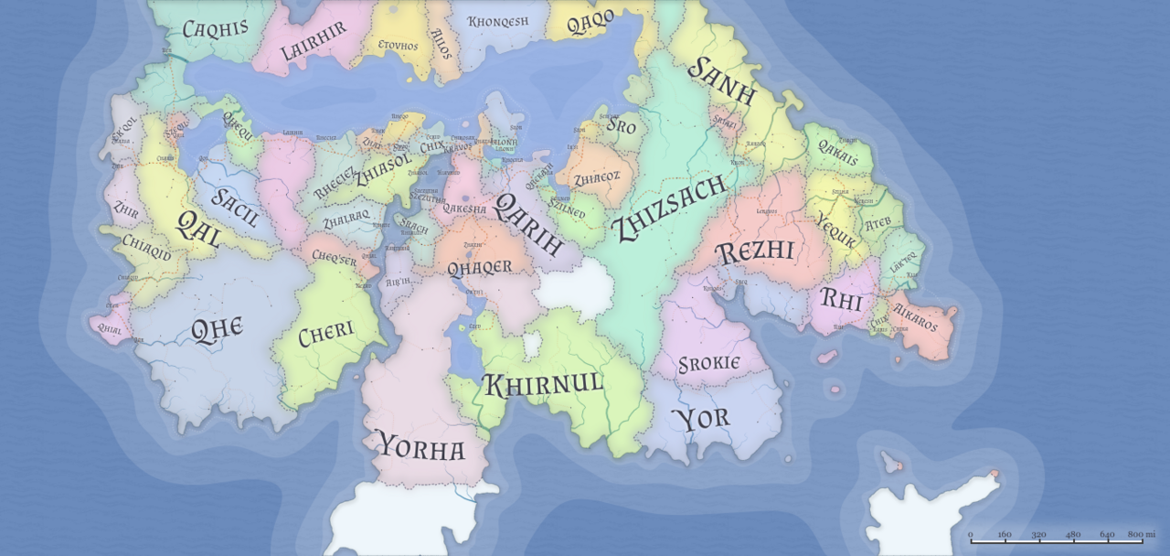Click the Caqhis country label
pyautogui.click(x=216, y=28)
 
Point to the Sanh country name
pyautogui.click(x=722, y=81)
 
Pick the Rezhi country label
pyautogui.click(x=755, y=251)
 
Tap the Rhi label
pyautogui.click(x=841, y=298)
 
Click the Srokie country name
pyautogui.click(x=709, y=364)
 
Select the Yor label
pyautogui.click(x=701, y=419)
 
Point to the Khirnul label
pyautogui.click(x=543, y=384)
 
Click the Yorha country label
pyautogui.click(x=421, y=447)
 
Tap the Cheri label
pyautogui.click(x=326, y=331)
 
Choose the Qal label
pyautogui.click(x=197, y=228)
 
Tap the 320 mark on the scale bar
pyautogui.click(x=1038, y=534)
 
